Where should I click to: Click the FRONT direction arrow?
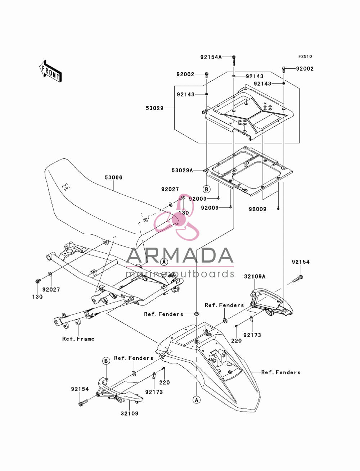click(x=50, y=71)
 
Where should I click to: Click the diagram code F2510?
click(x=305, y=56)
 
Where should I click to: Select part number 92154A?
click(x=211, y=57)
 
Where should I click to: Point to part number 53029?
click(x=154, y=108)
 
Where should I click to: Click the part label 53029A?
click(x=182, y=171)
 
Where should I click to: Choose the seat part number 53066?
click(x=113, y=177)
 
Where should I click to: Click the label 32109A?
click(x=255, y=277)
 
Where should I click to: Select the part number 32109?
click(x=130, y=413)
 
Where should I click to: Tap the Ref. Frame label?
click(x=78, y=339)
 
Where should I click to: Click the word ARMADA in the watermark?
click(x=180, y=255)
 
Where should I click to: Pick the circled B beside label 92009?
click(x=207, y=189)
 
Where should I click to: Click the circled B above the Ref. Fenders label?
click(x=106, y=361)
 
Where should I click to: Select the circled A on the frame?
click(x=164, y=262)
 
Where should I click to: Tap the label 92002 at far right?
click(x=305, y=69)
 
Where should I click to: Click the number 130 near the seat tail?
click(x=184, y=213)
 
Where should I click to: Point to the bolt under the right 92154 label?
click(x=298, y=279)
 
